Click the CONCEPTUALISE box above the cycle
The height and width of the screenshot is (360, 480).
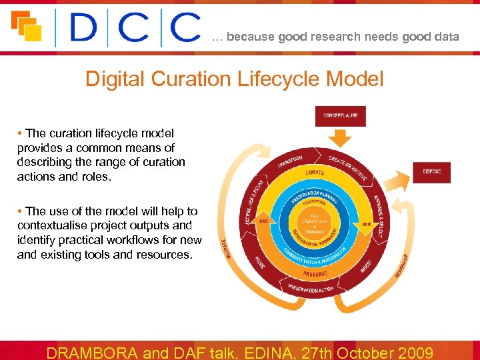(x=340, y=115)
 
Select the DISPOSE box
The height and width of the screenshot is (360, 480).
(x=431, y=172)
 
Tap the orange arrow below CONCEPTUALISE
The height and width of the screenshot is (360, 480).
(x=340, y=139)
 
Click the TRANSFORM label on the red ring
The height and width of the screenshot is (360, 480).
(x=290, y=163)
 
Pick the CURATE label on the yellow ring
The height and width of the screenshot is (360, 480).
(x=315, y=173)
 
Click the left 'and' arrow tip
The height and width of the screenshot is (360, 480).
(x=264, y=220)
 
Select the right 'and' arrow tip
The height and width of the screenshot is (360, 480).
(x=366, y=224)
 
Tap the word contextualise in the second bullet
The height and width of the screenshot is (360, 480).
(x=65, y=225)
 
